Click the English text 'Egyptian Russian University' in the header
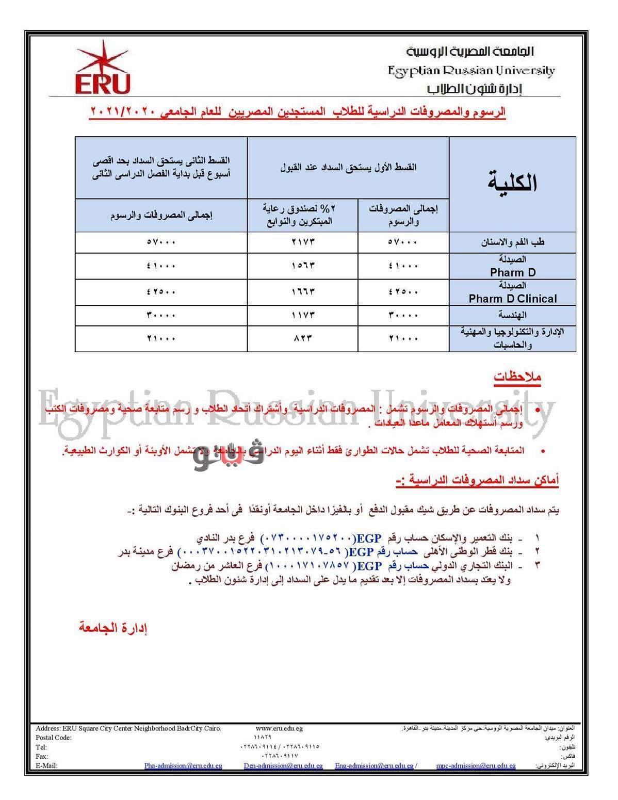[471, 70]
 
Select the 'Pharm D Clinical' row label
[512, 299]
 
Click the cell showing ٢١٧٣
[302, 242]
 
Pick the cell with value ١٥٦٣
[302, 266]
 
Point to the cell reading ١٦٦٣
[302, 292]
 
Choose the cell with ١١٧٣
[302, 315]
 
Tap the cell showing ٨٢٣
[302, 339]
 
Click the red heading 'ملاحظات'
[516, 377]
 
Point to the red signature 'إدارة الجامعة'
[113, 628]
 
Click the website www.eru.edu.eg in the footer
[279, 728]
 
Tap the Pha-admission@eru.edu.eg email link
[183, 765]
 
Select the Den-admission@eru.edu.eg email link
[283, 765]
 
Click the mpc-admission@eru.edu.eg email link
[476, 765]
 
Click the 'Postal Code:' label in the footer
[54, 738]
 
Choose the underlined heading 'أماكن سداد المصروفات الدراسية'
[478, 481]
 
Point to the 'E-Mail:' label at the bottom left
[46, 765]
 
